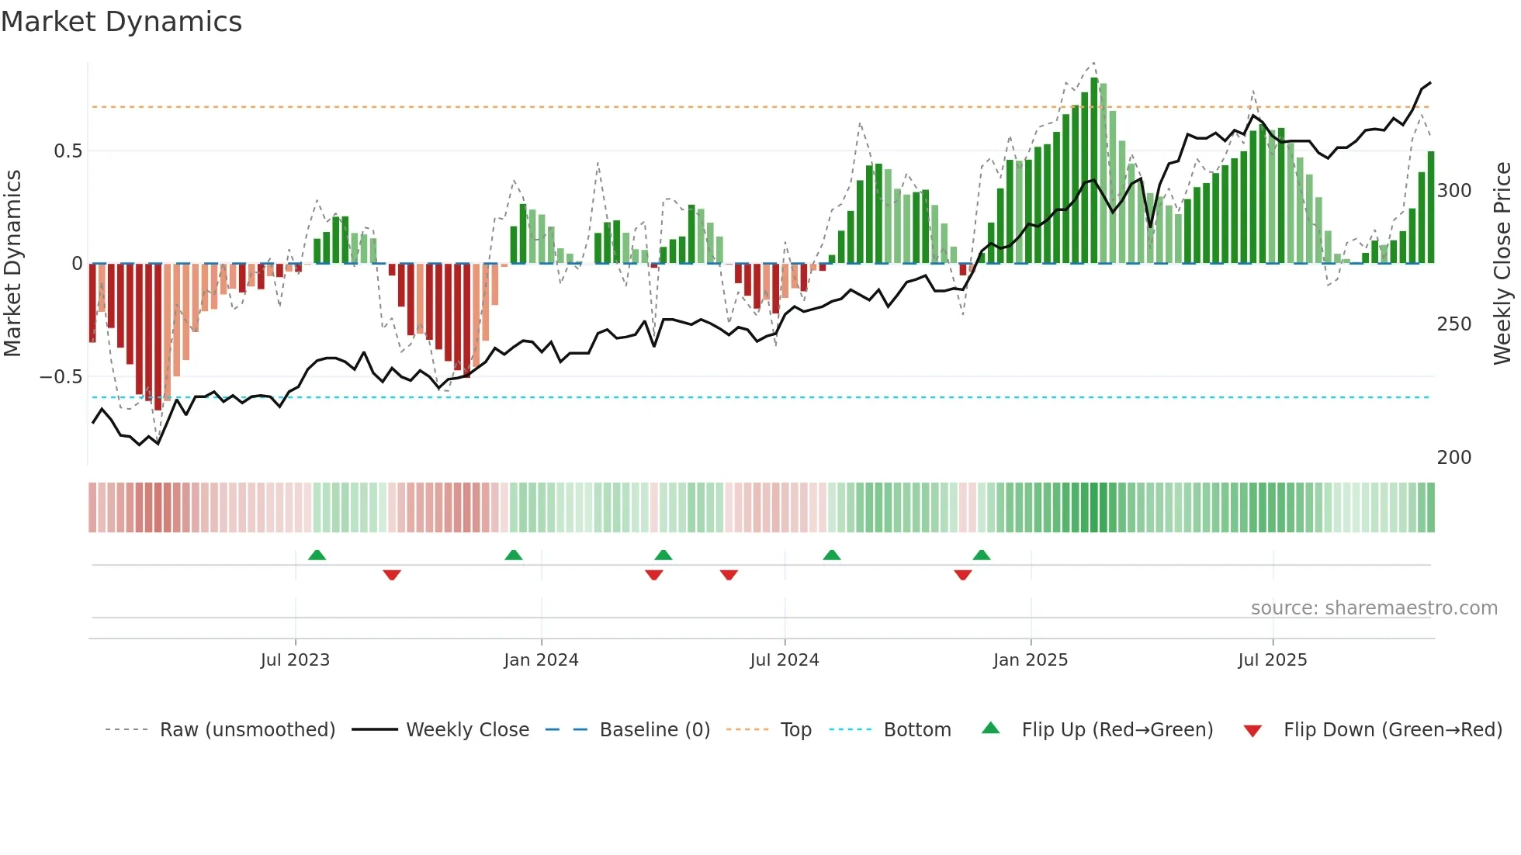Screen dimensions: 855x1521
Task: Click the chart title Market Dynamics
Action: pyautogui.click(x=122, y=22)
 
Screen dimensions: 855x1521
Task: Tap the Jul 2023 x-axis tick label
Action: pyautogui.click(x=295, y=660)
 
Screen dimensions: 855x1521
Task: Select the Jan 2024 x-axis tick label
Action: pyautogui.click(x=541, y=660)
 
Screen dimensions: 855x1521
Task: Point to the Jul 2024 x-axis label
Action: pyautogui.click(x=785, y=660)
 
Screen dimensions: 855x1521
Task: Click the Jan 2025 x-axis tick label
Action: pyautogui.click(x=1031, y=660)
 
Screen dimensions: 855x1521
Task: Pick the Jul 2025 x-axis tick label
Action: pyautogui.click(x=1273, y=660)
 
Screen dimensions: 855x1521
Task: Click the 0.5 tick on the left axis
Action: pyautogui.click(x=68, y=151)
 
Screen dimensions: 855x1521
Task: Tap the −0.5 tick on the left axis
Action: pyautogui.click(x=61, y=377)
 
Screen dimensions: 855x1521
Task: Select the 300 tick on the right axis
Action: pyautogui.click(x=1454, y=191)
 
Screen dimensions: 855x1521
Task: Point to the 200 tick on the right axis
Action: pyautogui.click(x=1454, y=458)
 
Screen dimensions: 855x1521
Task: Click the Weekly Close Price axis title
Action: pyautogui.click(x=1502, y=264)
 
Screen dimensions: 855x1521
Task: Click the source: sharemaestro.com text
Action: pyautogui.click(x=1374, y=608)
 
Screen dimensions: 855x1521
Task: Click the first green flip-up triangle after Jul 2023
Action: pyautogui.click(x=317, y=556)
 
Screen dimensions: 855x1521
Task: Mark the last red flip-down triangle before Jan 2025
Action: pyautogui.click(x=963, y=575)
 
